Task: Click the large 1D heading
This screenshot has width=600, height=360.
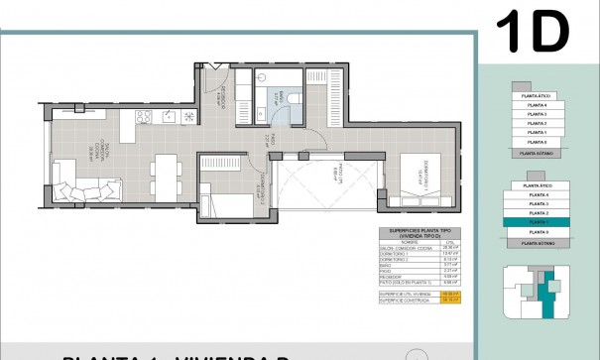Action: [535, 33]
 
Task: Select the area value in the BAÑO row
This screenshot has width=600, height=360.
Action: [450, 267]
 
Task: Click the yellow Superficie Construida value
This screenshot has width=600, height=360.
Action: [450, 300]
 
